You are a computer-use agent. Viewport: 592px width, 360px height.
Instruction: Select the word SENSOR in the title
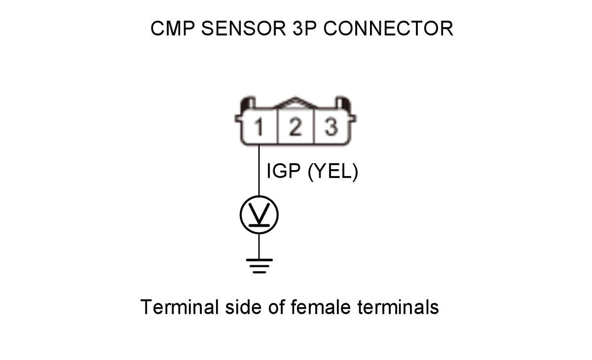pyautogui.click(x=243, y=29)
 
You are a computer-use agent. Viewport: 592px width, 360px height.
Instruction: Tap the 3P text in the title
pyautogui.click(x=304, y=29)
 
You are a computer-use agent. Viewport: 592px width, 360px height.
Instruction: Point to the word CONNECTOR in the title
pyautogui.click(x=388, y=29)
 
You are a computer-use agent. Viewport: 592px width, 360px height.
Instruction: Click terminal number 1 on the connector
pyautogui.click(x=259, y=127)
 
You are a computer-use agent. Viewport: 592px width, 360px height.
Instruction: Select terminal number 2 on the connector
pyautogui.click(x=295, y=127)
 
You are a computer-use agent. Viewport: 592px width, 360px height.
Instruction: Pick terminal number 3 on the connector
pyautogui.click(x=331, y=127)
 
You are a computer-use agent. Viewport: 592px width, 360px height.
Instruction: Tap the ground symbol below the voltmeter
pyautogui.click(x=259, y=266)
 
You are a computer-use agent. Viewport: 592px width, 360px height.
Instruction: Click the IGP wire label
pyautogui.click(x=284, y=171)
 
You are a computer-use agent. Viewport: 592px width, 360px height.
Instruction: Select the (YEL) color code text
pyautogui.click(x=333, y=172)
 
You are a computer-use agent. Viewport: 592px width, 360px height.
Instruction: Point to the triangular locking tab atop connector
pyautogui.click(x=295, y=103)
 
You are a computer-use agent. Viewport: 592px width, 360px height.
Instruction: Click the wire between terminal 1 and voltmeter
pyautogui.click(x=259, y=170)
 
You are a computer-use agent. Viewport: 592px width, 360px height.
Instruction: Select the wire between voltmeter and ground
pyautogui.click(x=259, y=247)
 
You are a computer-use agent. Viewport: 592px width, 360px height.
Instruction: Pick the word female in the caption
pyautogui.click(x=321, y=307)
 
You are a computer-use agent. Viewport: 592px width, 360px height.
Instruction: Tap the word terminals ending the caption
pyautogui.click(x=398, y=307)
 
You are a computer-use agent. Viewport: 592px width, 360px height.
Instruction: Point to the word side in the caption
pyautogui.click(x=243, y=307)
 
